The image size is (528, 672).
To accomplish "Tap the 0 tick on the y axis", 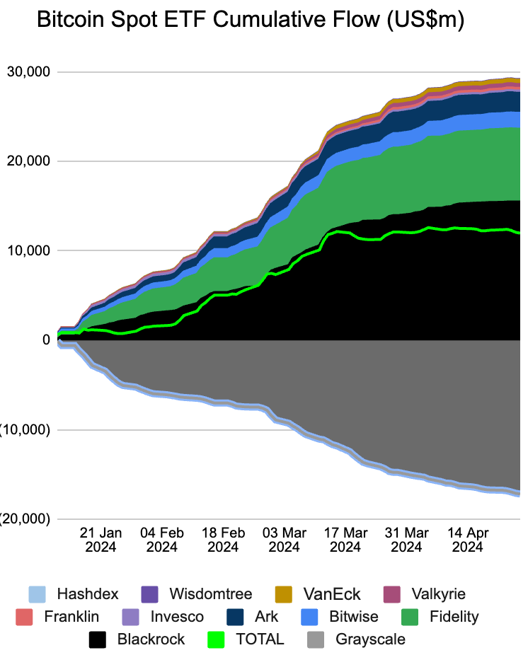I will click(45, 340).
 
